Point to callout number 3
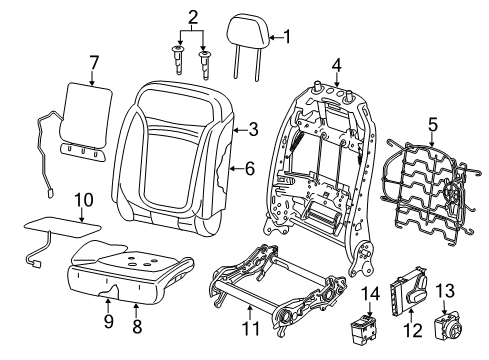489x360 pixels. [253, 128]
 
